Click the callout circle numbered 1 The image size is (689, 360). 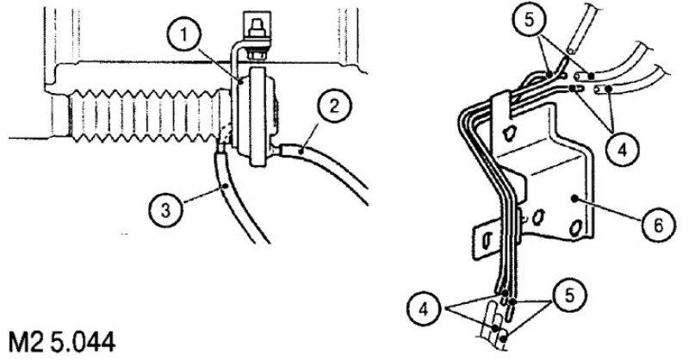point(185,36)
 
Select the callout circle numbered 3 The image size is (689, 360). point(165,210)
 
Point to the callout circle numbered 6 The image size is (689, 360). point(658,225)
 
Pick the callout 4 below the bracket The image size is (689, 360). point(424,309)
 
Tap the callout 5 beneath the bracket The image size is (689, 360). point(569,295)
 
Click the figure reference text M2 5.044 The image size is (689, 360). point(62,343)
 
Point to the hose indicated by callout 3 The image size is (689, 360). point(238,198)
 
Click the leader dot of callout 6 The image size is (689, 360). point(575,199)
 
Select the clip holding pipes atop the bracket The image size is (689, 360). point(501,104)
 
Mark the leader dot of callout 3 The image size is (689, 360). point(226,186)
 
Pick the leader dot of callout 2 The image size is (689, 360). point(301,152)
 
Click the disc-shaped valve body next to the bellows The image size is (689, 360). point(255,116)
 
